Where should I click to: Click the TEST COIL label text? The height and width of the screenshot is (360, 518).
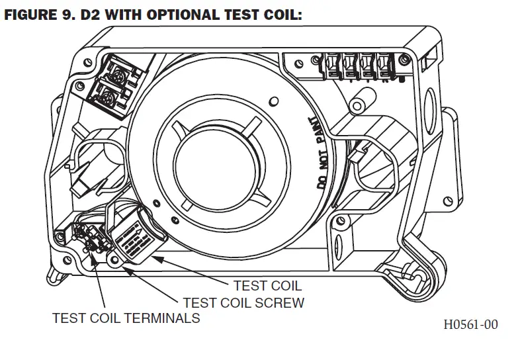pyautogui.click(x=267, y=286)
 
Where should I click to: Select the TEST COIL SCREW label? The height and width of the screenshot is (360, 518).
pyautogui.click(x=243, y=302)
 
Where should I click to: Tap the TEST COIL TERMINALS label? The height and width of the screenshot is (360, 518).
pyautogui.click(x=126, y=318)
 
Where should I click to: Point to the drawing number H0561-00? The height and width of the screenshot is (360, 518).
pyautogui.click(x=470, y=324)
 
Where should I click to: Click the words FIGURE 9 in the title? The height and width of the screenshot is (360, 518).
pyautogui.click(x=40, y=14)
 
